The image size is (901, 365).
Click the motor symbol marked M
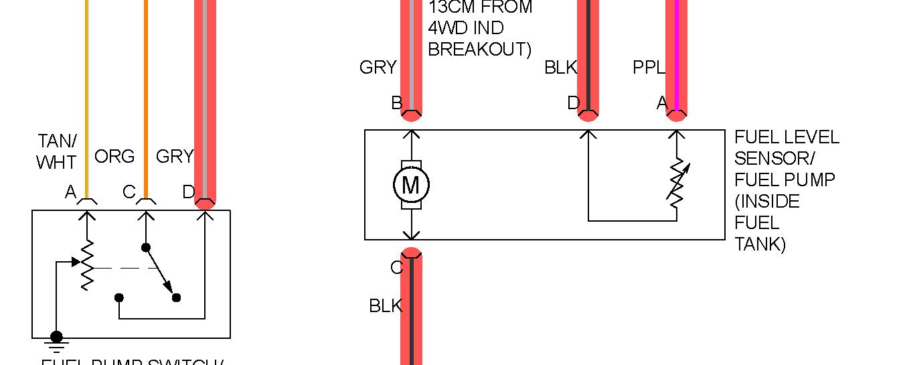click(x=411, y=185)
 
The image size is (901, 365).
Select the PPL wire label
click(x=649, y=68)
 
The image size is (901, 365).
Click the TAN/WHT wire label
click(x=57, y=151)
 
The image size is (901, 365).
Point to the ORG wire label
click(x=114, y=157)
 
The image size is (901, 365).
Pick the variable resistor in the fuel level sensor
click(x=677, y=182)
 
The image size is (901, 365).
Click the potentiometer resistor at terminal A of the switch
click(x=86, y=265)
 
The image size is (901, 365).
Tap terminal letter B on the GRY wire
click(x=397, y=103)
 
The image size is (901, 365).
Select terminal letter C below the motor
click(x=397, y=268)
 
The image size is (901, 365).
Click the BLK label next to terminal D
click(x=560, y=68)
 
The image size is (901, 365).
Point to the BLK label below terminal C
click(x=386, y=306)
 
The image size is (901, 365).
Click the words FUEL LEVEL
click(x=787, y=137)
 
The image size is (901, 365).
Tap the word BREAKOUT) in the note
click(x=479, y=50)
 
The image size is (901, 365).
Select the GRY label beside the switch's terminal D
click(x=174, y=157)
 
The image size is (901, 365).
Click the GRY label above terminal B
click(x=378, y=68)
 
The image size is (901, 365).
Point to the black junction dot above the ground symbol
click(x=56, y=336)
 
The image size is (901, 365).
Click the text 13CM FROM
click(x=480, y=8)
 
